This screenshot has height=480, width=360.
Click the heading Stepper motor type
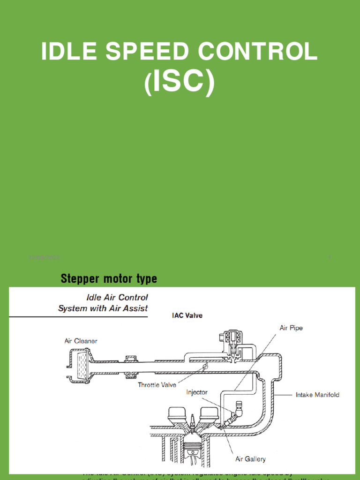coord(109,279)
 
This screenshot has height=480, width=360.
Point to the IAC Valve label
coord(187,315)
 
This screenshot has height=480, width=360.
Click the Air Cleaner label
coord(81,341)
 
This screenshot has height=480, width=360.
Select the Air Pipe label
coord(291,328)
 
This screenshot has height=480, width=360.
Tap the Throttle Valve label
coord(157,385)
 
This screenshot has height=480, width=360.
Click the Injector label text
coord(197,392)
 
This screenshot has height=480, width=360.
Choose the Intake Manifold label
coord(317,395)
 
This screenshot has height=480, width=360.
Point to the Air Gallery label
coord(250,459)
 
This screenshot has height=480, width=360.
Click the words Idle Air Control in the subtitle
coord(117,297)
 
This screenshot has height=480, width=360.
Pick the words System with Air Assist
coord(103,308)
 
